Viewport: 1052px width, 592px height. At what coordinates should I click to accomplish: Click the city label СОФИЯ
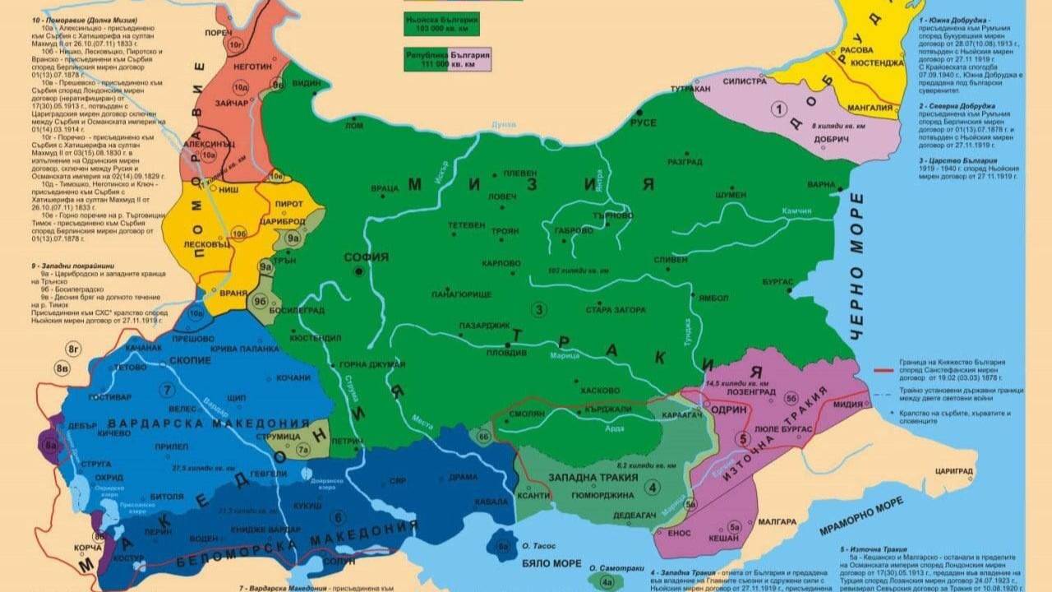[x=366, y=257]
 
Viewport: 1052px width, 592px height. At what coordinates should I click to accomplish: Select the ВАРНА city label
[x=821, y=184]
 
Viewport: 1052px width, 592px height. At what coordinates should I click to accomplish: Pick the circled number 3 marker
[x=539, y=309]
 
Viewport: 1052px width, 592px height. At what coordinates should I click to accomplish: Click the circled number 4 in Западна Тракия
[x=653, y=486]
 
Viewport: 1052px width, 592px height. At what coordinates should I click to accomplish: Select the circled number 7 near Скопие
[x=168, y=390]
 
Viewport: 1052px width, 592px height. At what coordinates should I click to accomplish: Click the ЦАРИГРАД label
[x=953, y=471]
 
